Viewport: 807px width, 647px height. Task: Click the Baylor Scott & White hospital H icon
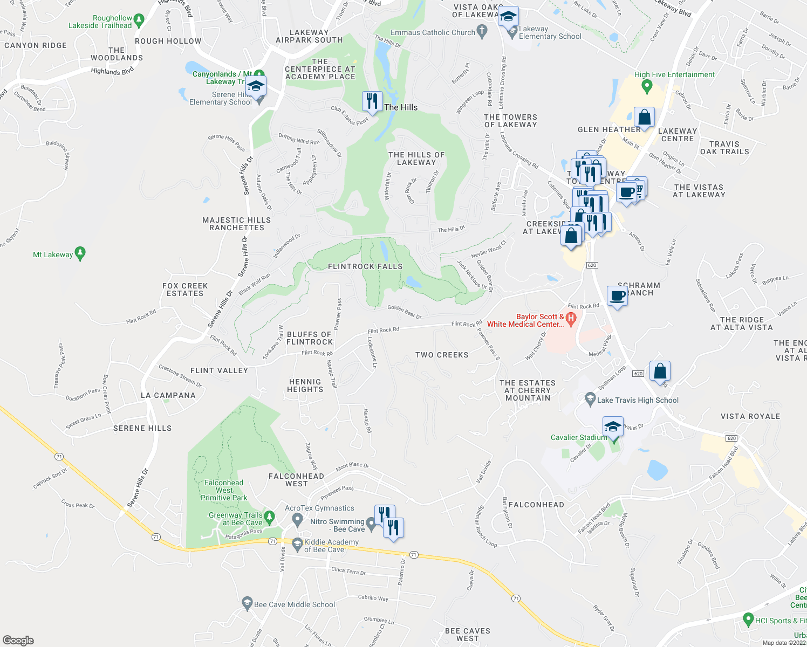[x=572, y=319]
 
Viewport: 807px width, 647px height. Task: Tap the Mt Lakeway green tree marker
[x=80, y=253]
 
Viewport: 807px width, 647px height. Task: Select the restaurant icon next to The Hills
[x=372, y=101]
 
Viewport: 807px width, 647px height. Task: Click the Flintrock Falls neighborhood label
[x=365, y=266]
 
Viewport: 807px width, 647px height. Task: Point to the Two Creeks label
[x=442, y=355]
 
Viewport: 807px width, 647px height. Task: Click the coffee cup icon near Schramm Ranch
[x=617, y=296]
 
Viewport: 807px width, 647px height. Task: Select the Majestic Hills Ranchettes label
[x=237, y=224]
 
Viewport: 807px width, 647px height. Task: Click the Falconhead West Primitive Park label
[x=224, y=490]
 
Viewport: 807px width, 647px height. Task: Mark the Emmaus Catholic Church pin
[x=482, y=32]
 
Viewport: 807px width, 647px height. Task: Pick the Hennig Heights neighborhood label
[x=305, y=386]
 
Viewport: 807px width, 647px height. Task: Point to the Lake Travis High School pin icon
[x=590, y=400]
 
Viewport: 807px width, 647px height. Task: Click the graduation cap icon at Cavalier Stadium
[x=613, y=427]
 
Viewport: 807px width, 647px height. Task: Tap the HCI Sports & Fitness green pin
[x=748, y=620]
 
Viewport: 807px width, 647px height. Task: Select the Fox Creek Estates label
[x=185, y=290]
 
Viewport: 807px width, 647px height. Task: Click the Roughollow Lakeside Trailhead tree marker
[x=139, y=21]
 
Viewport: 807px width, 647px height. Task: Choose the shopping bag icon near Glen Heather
[x=644, y=117]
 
